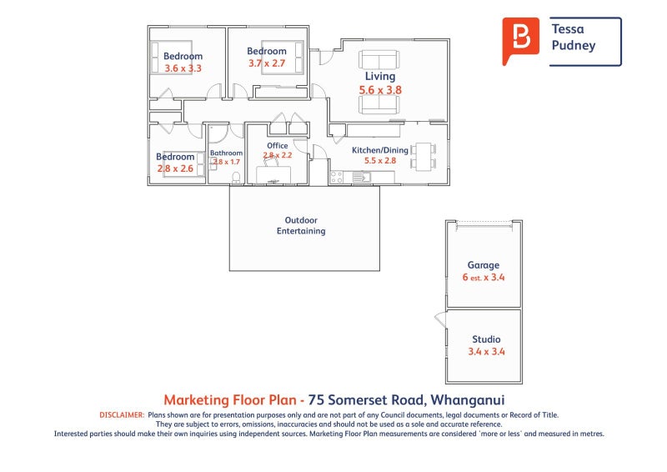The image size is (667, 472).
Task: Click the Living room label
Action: point(379,77)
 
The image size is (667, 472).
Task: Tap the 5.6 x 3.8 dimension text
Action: point(380,90)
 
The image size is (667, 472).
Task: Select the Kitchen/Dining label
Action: point(379,150)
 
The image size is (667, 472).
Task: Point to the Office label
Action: point(277,146)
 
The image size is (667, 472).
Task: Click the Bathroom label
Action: point(226,153)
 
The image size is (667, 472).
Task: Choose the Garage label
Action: point(483,266)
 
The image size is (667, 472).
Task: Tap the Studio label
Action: point(486,339)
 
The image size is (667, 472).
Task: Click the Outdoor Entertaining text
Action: point(301,226)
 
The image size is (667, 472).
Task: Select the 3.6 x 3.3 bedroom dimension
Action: point(183,68)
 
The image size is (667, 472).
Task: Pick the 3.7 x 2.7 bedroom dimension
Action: point(267,63)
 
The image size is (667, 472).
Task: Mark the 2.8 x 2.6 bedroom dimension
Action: point(175,168)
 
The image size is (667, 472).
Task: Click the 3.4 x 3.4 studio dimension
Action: point(486,352)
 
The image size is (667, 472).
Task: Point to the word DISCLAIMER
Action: point(122,414)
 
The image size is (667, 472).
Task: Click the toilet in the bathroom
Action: point(236,178)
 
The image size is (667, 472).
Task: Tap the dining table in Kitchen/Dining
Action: point(422,156)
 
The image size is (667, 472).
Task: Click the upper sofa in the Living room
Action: point(379,60)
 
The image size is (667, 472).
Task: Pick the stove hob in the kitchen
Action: point(338,177)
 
